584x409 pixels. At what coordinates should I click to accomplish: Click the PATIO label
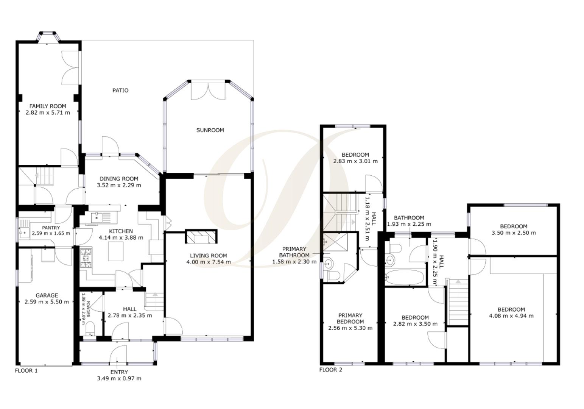(x=120, y=91)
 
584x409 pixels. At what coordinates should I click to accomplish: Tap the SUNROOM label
(x=210, y=130)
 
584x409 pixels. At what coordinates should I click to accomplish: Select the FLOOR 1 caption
(x=26, y=371)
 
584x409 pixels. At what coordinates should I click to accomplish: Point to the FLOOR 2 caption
(x=331, y=370)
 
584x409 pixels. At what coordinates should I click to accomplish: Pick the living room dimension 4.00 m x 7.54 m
(x=209, y=262)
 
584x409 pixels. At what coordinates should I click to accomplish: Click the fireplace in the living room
(x=201, y=237)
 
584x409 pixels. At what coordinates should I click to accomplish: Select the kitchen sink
(x=97, y=217)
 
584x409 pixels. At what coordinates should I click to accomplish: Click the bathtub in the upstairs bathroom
(x=404, y=277)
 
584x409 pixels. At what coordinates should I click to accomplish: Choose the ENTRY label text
(x=119, y=372)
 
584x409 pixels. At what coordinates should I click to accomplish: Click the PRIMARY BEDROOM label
(x=350, y=318)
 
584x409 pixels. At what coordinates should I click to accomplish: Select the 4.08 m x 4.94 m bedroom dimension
(x=511, y=316)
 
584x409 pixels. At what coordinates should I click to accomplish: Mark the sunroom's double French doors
(x=208, y=91)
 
